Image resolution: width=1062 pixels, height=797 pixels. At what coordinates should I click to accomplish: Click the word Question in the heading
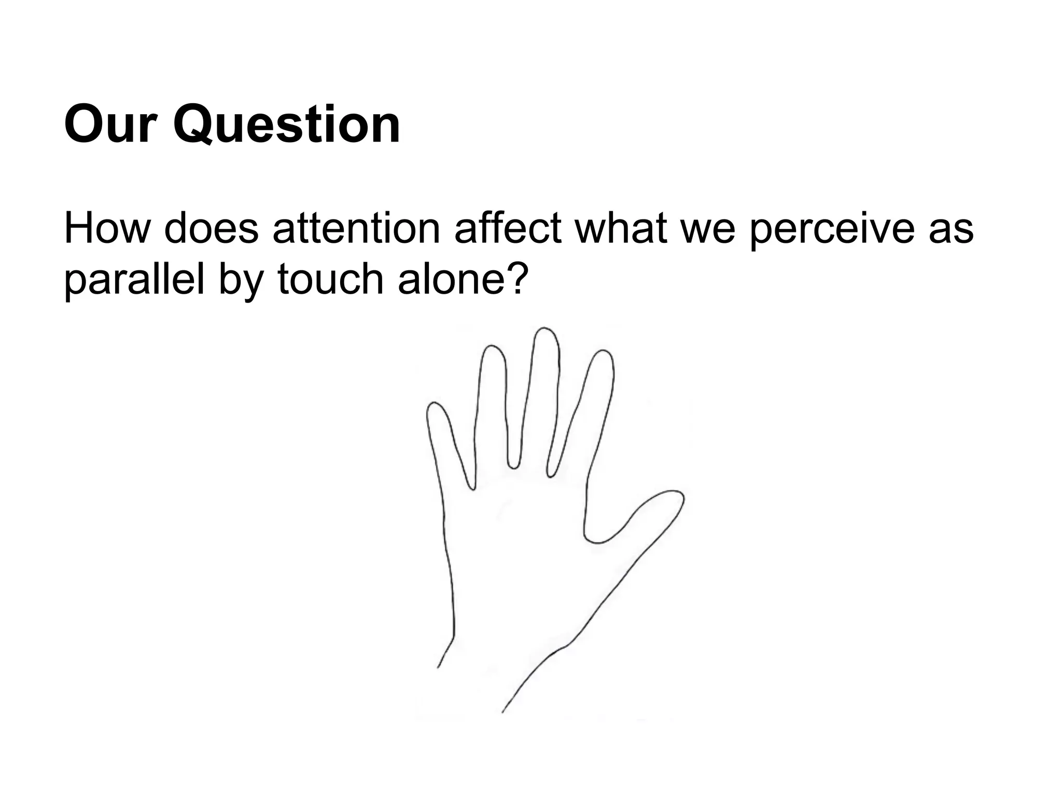tap(287, 125)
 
